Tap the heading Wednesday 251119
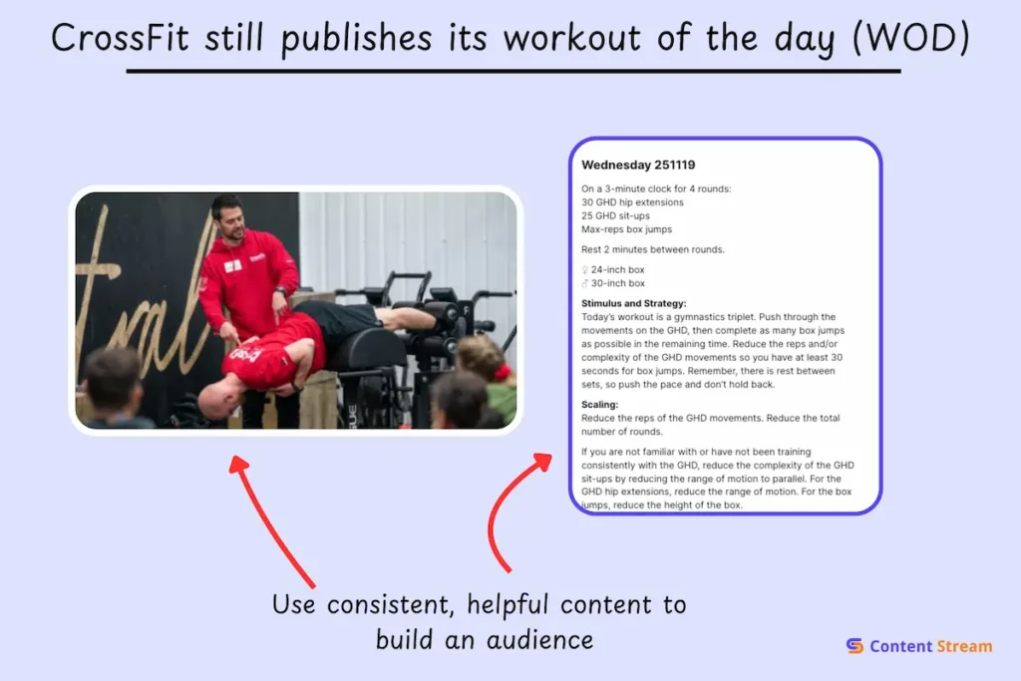[x=638, y=165]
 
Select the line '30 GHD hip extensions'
[x=632, y=202]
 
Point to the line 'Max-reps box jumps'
[x=626, y=229]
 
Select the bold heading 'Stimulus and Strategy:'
[x=634, y=303]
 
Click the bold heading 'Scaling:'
[x=600, y=404]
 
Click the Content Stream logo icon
[x=854, y=646]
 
